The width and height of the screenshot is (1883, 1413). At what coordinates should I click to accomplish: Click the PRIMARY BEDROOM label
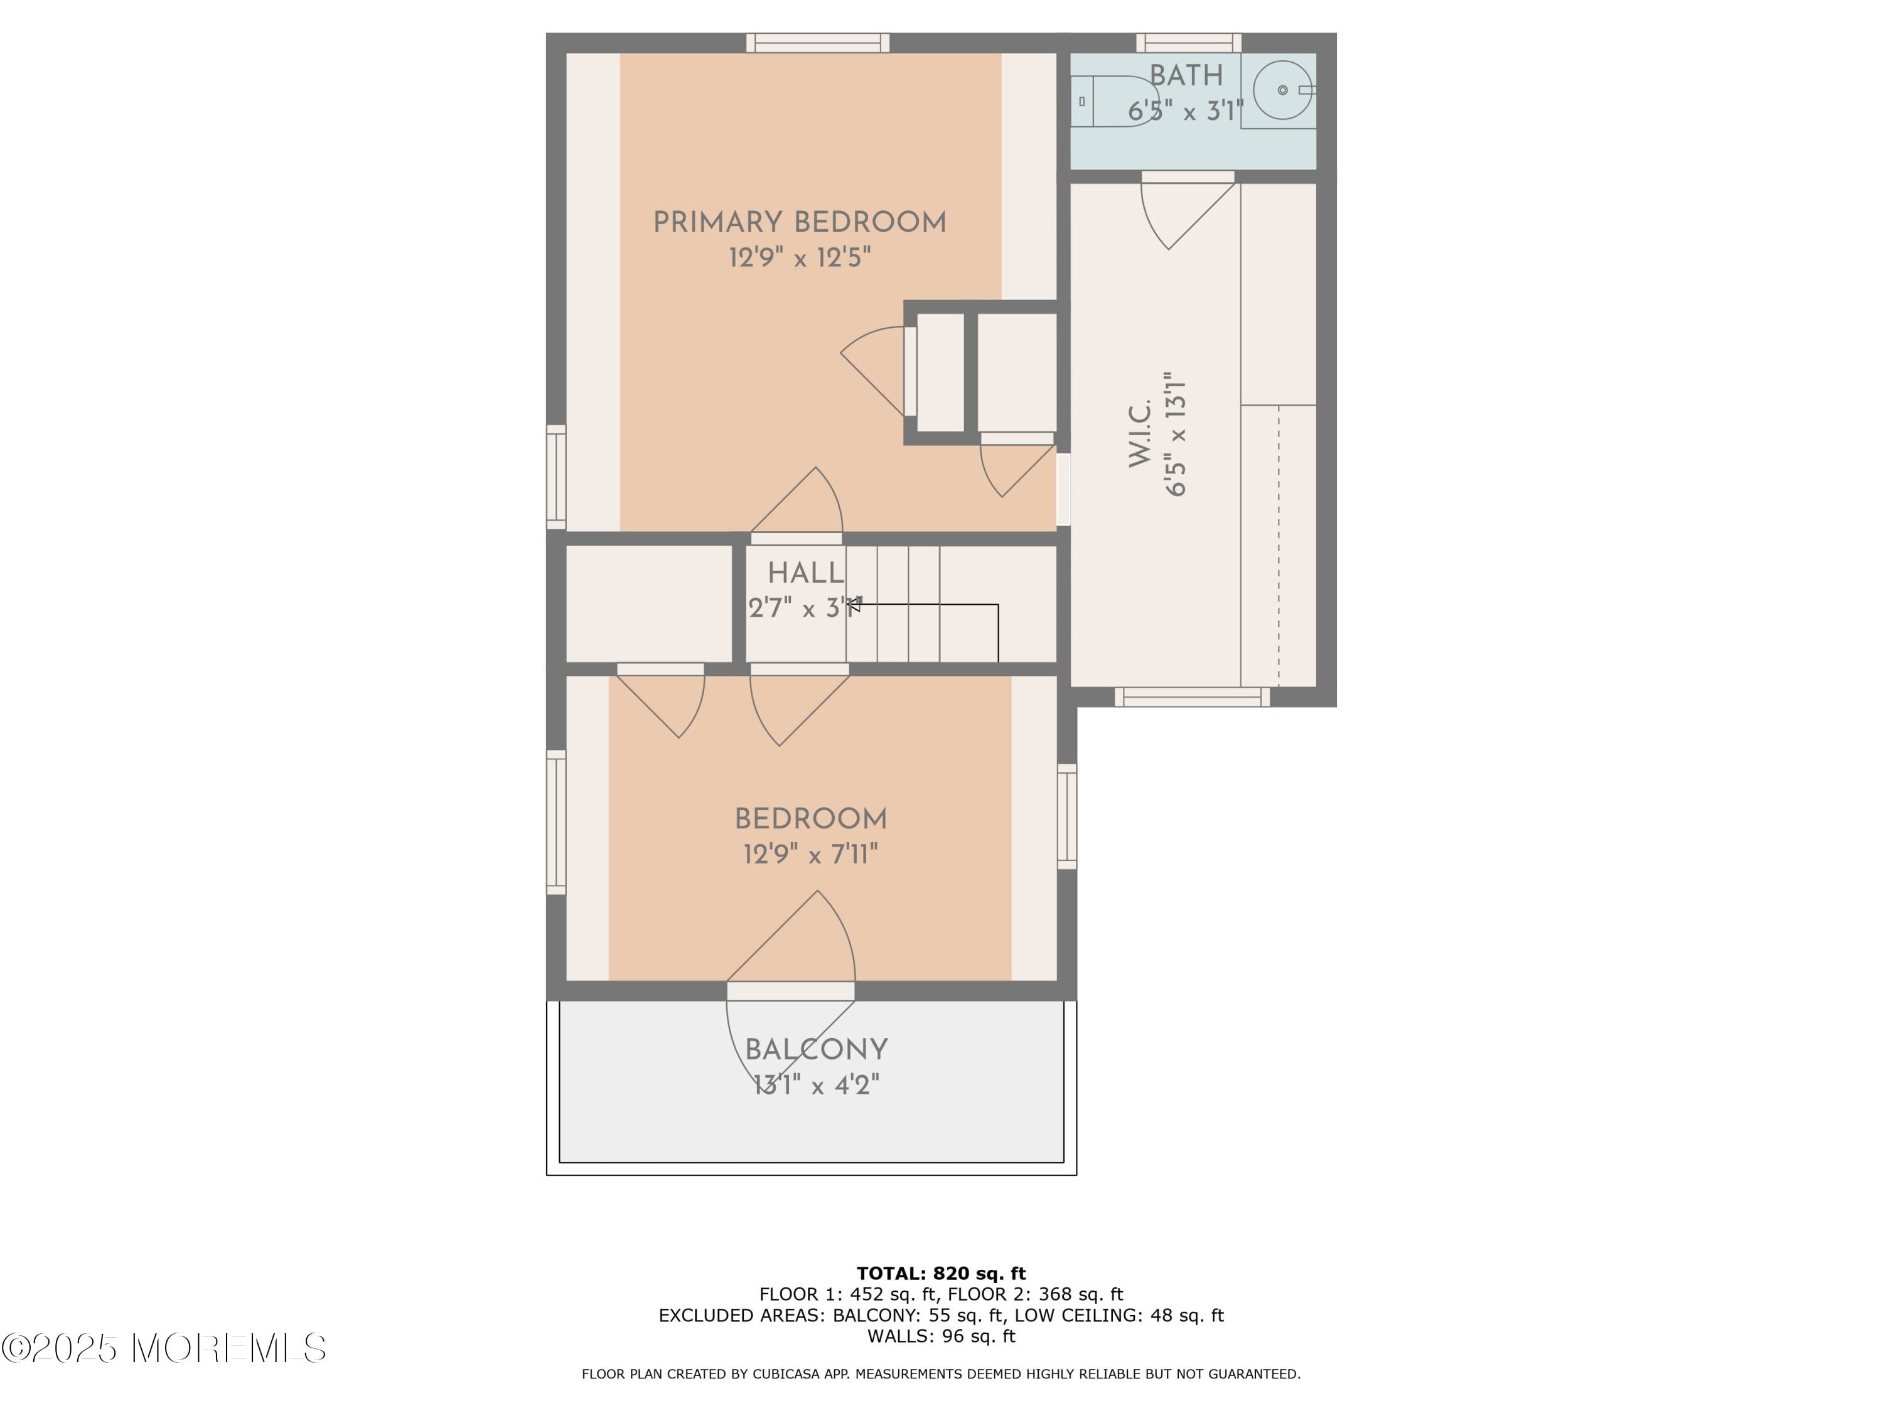pyautogui.click(x=800, y=222)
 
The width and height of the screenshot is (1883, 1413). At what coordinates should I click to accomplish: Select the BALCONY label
pyautogui.click(x=817, y=1049)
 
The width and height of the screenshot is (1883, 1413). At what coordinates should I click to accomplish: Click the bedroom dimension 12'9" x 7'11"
pyautogui.click(x=810, y=853)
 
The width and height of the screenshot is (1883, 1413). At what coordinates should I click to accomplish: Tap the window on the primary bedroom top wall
pyautogui.click(x=818, y=43)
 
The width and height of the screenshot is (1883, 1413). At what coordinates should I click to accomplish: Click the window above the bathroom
pyautogui.click(x=1188, y=43)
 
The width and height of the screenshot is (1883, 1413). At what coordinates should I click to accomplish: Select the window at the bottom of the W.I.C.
pyautogui.click(x=1192, y=696)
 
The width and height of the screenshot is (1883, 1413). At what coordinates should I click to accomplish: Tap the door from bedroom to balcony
pyautogui.click(x=791, y=990)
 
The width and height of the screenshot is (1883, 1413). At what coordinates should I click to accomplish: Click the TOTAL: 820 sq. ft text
pyautogui.click(x=941, y=1274)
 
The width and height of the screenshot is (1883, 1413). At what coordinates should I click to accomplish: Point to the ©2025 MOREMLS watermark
pyautogui.click(x=163, y=1348)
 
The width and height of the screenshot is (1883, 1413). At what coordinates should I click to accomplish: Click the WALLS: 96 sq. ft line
pyautogui.click(x=941, y=1336)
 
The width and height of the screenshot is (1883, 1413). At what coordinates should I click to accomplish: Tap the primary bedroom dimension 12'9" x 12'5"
pyautogui.click(x=800, y=257)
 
